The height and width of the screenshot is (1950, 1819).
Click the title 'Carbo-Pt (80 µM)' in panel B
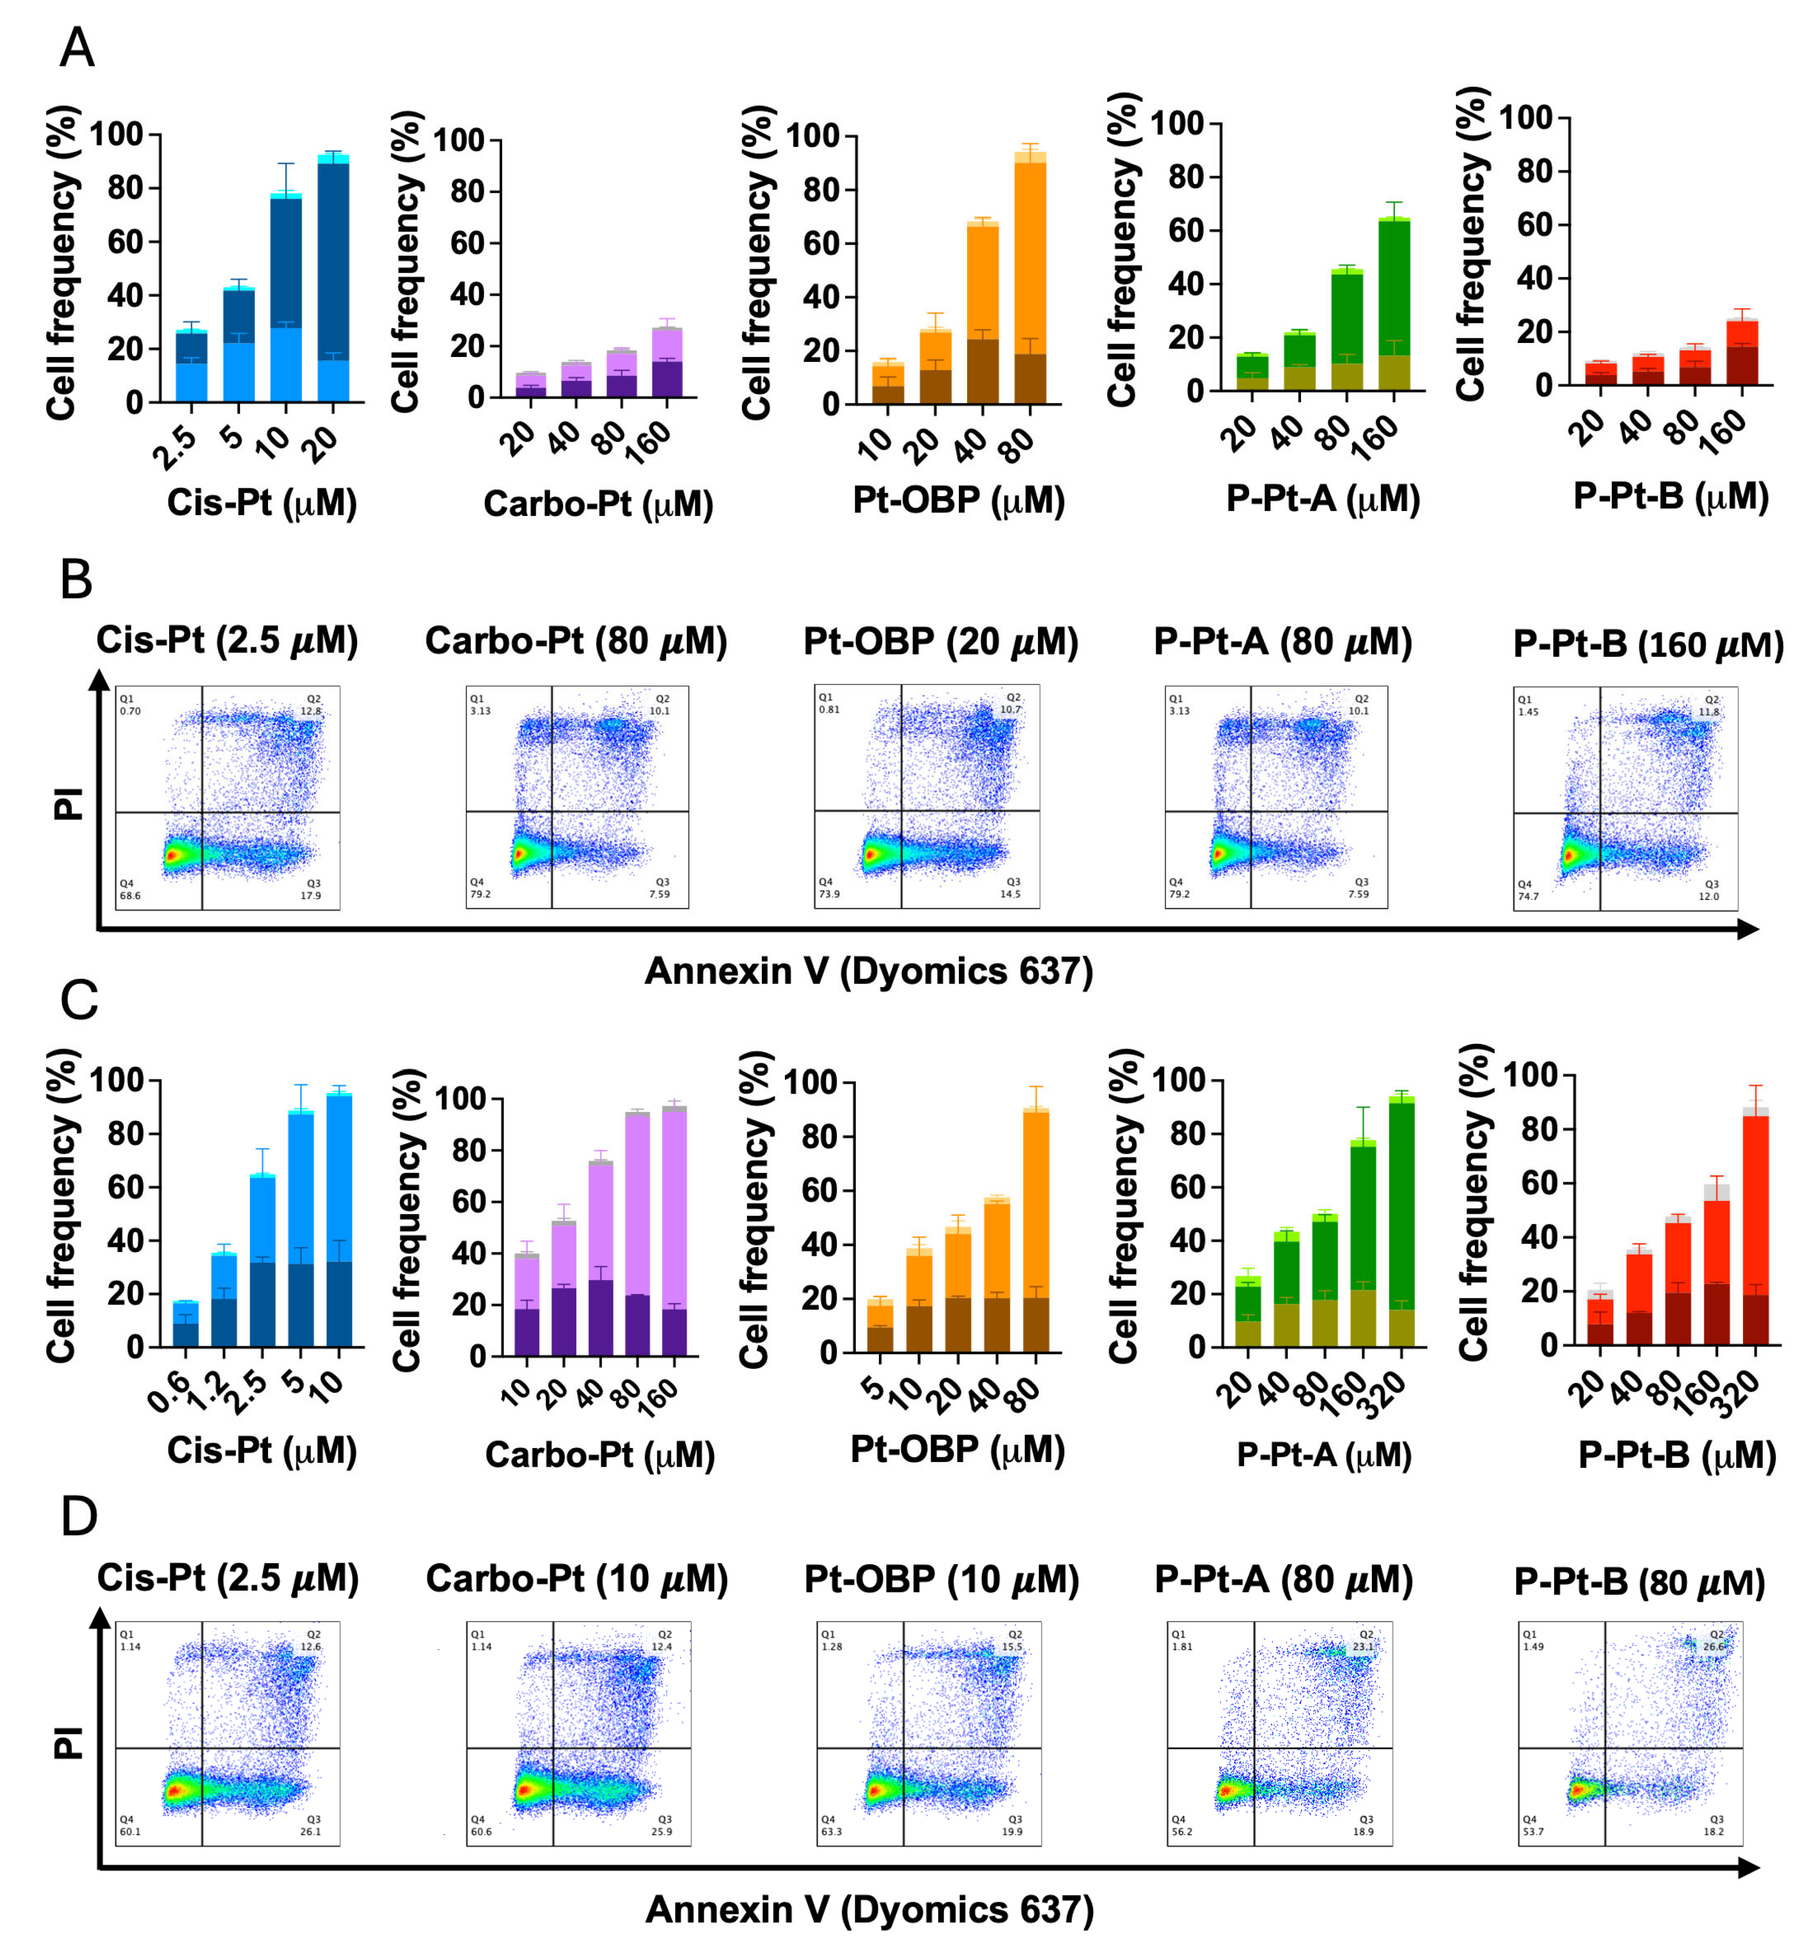(x=576, y=642)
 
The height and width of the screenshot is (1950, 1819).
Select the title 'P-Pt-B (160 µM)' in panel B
(x=1648, y=645)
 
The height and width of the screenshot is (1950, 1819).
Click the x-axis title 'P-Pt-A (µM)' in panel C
(x=1324, y=1455)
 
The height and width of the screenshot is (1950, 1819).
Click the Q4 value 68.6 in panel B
(x=130, y=896)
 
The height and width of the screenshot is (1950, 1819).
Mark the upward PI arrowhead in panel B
(x=99, y=679)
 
